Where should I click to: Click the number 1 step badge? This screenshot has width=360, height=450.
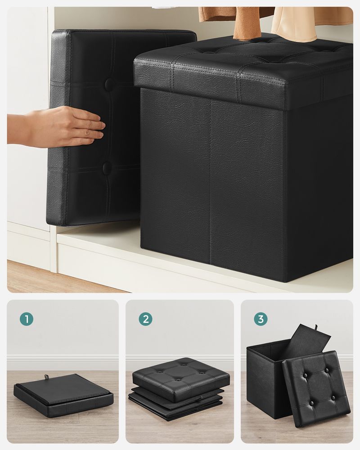(27, 319)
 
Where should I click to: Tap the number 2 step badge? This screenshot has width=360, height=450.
(145, 319)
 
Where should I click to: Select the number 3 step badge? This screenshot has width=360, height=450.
(260, 319)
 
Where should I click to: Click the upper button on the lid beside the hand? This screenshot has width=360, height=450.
(109, 84)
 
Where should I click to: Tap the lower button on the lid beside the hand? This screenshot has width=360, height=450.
(107, 168)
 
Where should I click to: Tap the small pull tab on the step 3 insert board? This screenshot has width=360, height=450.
(316, 327)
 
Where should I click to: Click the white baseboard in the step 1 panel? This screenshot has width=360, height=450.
(63, 362)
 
